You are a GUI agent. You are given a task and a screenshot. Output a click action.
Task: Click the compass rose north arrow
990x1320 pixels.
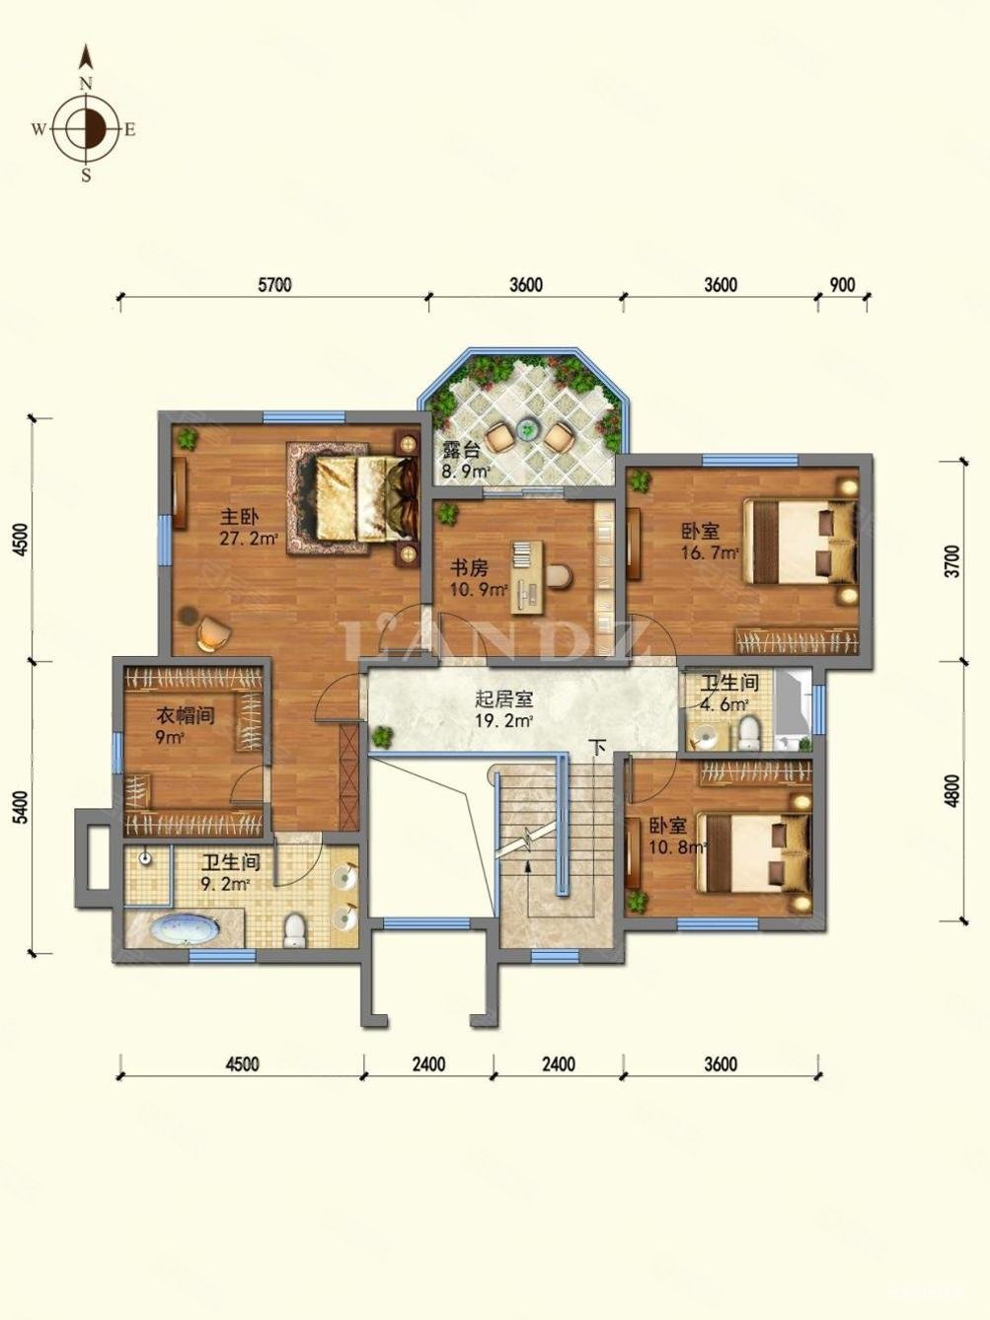87,57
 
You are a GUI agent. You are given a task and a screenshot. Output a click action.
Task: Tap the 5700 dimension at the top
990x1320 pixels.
274,284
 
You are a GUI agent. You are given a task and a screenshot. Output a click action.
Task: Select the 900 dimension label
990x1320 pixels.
842,284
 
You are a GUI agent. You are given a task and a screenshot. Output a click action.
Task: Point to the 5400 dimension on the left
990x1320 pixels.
22,808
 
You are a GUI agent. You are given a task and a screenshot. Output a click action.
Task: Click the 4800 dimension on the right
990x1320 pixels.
953,790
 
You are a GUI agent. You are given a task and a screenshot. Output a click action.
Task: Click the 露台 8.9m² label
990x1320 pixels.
464,460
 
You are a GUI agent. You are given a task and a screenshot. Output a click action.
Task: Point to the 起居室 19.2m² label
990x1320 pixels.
504,709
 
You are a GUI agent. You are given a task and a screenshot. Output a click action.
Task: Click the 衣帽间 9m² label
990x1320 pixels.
185,726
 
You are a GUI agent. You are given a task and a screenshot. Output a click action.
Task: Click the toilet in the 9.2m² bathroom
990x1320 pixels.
295,929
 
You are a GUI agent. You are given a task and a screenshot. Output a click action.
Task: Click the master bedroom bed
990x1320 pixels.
367,498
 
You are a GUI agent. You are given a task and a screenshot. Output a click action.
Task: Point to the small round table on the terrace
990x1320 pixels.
529,429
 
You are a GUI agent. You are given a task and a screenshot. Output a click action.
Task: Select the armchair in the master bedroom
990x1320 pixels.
213,632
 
